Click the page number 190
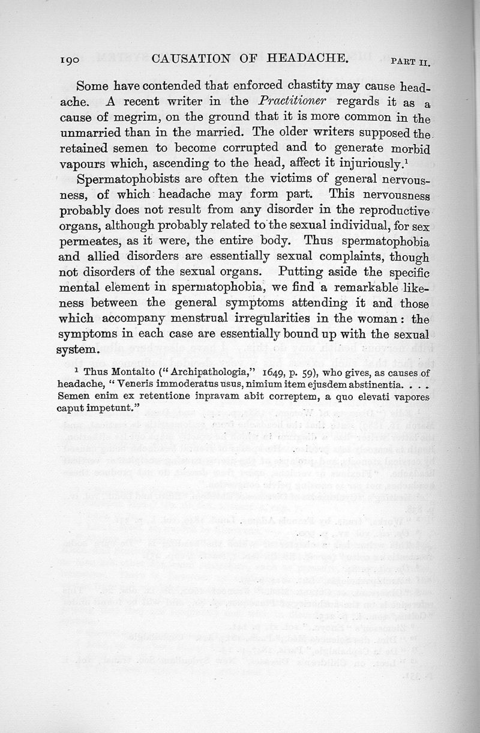point(74,59)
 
